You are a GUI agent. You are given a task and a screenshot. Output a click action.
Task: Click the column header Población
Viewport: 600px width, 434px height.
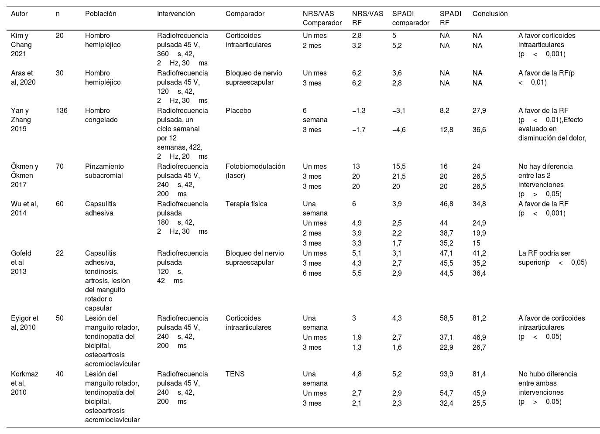(100, 14)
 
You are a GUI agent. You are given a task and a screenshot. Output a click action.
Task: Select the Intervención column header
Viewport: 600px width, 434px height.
(176, 14)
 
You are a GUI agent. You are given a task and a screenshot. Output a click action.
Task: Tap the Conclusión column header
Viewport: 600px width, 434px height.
(490, 14)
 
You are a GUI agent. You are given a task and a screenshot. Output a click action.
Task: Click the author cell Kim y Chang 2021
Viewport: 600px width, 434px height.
(21, 45)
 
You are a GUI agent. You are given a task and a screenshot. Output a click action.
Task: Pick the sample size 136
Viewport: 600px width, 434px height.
(62, 111)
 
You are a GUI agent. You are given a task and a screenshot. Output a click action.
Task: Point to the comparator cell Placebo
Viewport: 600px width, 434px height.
(238, 111)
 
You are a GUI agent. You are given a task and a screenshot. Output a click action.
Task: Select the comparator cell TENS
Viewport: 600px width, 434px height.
(235, 374)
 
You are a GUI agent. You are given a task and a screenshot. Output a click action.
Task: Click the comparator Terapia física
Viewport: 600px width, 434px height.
(246, 204)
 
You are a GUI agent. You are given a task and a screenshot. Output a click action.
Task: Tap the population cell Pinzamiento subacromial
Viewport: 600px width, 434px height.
(104, 171)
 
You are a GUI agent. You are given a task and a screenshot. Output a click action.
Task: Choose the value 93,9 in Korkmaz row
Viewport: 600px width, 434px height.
(446, 374)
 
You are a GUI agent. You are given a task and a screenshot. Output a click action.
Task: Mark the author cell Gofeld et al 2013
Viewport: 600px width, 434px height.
(21, 262)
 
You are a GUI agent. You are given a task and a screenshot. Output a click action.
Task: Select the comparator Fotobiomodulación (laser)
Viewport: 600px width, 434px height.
(255, 171)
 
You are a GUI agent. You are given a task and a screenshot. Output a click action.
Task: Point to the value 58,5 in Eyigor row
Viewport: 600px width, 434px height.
(446, 318)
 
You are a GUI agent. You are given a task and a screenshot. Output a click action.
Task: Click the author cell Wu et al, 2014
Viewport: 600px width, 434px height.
(24, 208)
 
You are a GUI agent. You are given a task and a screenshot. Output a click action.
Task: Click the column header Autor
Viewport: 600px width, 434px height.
(19, 14)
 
